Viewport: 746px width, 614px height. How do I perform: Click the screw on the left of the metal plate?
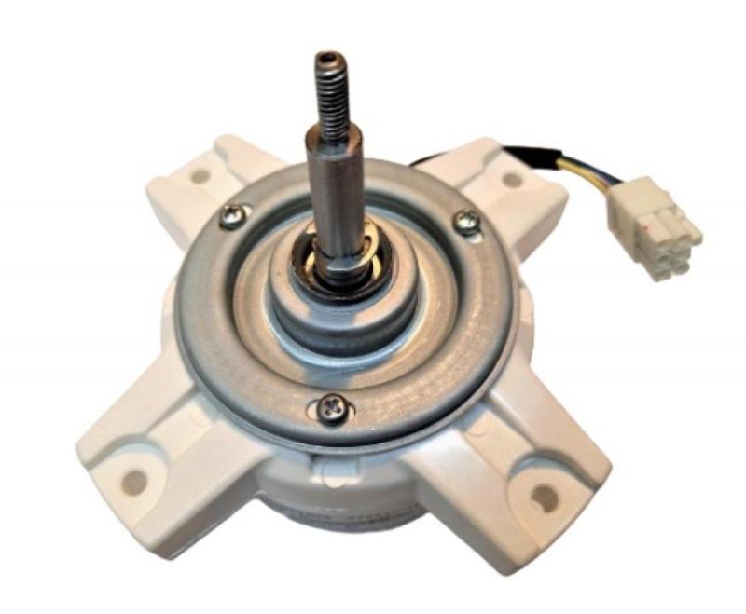(228, 218)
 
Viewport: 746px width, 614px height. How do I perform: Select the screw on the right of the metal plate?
(467, 221)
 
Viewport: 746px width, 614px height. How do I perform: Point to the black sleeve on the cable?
(522, 153)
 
